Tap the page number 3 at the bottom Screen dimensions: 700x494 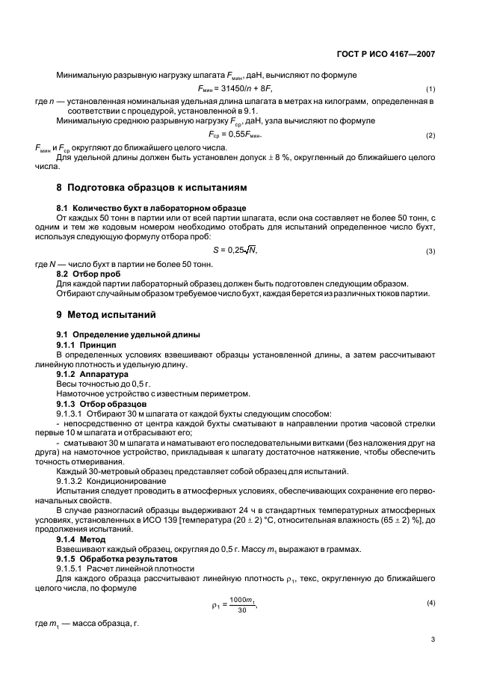433,639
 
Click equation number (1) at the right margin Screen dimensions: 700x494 430,90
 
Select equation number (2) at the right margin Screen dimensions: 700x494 430,135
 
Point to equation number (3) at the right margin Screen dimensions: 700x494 430,251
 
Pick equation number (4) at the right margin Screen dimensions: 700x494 430,580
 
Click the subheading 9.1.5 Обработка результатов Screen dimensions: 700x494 117,558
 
